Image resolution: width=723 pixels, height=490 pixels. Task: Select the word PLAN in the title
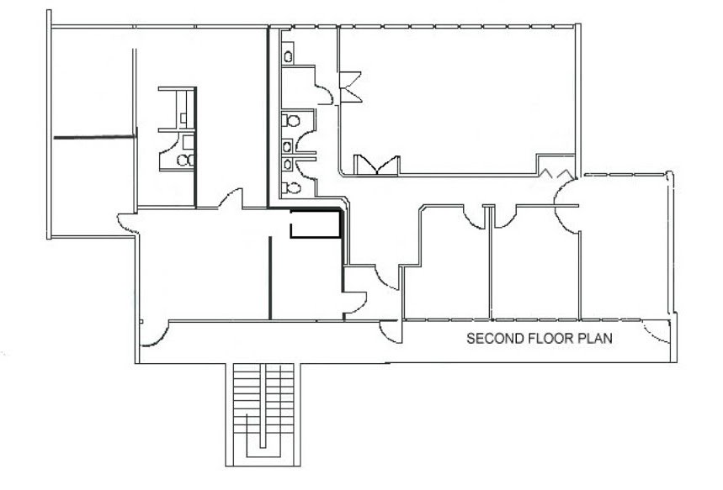point(595,339)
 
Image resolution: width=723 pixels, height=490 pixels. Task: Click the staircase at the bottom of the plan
point(263,414)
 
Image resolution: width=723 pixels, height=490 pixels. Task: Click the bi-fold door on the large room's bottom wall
point(377,165)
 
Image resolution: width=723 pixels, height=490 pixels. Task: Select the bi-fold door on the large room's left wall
point(350,87)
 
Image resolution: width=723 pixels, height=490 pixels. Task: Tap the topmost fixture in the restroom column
point(288,56)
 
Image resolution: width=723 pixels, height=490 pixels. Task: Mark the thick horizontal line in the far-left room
point(94,137)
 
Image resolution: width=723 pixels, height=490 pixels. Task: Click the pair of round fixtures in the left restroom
point(186,160)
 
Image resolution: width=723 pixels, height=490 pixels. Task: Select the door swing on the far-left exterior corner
point(128,224)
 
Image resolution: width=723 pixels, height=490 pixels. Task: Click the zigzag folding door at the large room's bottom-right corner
point(557,174)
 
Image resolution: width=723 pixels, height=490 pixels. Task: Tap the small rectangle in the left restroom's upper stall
point(183,119)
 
